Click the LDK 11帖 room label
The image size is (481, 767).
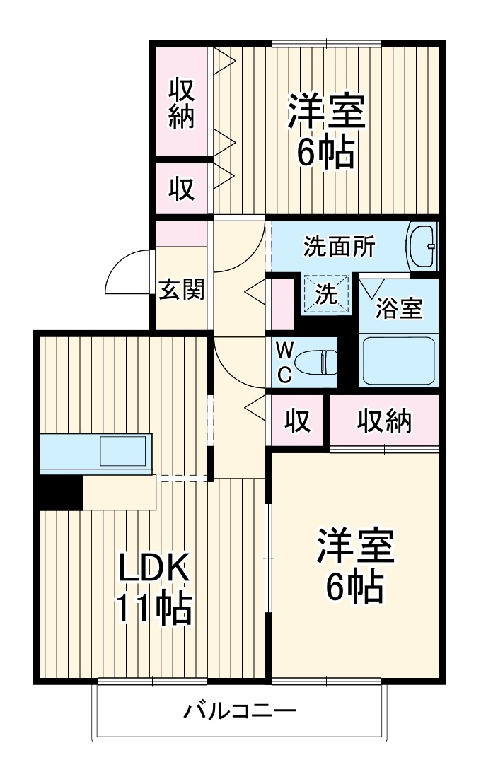[x=153, y=590]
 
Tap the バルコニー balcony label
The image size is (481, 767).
[x=240, y=710]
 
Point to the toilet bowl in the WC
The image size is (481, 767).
[x=317, y=363]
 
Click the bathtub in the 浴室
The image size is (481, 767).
[x=399, y=361]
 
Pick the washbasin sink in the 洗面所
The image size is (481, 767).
[x=422, y=247]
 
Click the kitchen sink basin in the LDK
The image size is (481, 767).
[x=123, y=451]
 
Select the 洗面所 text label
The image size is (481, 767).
[x=340, y=247]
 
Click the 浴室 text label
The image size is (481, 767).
[x=399, y=309]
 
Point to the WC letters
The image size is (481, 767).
[x=285, y=363]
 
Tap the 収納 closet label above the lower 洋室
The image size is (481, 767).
[x=384, y=421]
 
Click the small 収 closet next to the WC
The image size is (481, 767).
[x=298, y=421]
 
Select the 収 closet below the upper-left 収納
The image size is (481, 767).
[x=182, y=188]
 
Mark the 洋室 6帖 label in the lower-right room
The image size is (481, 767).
[x=355, y=565]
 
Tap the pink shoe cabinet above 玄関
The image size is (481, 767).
[x=181, y=234]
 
